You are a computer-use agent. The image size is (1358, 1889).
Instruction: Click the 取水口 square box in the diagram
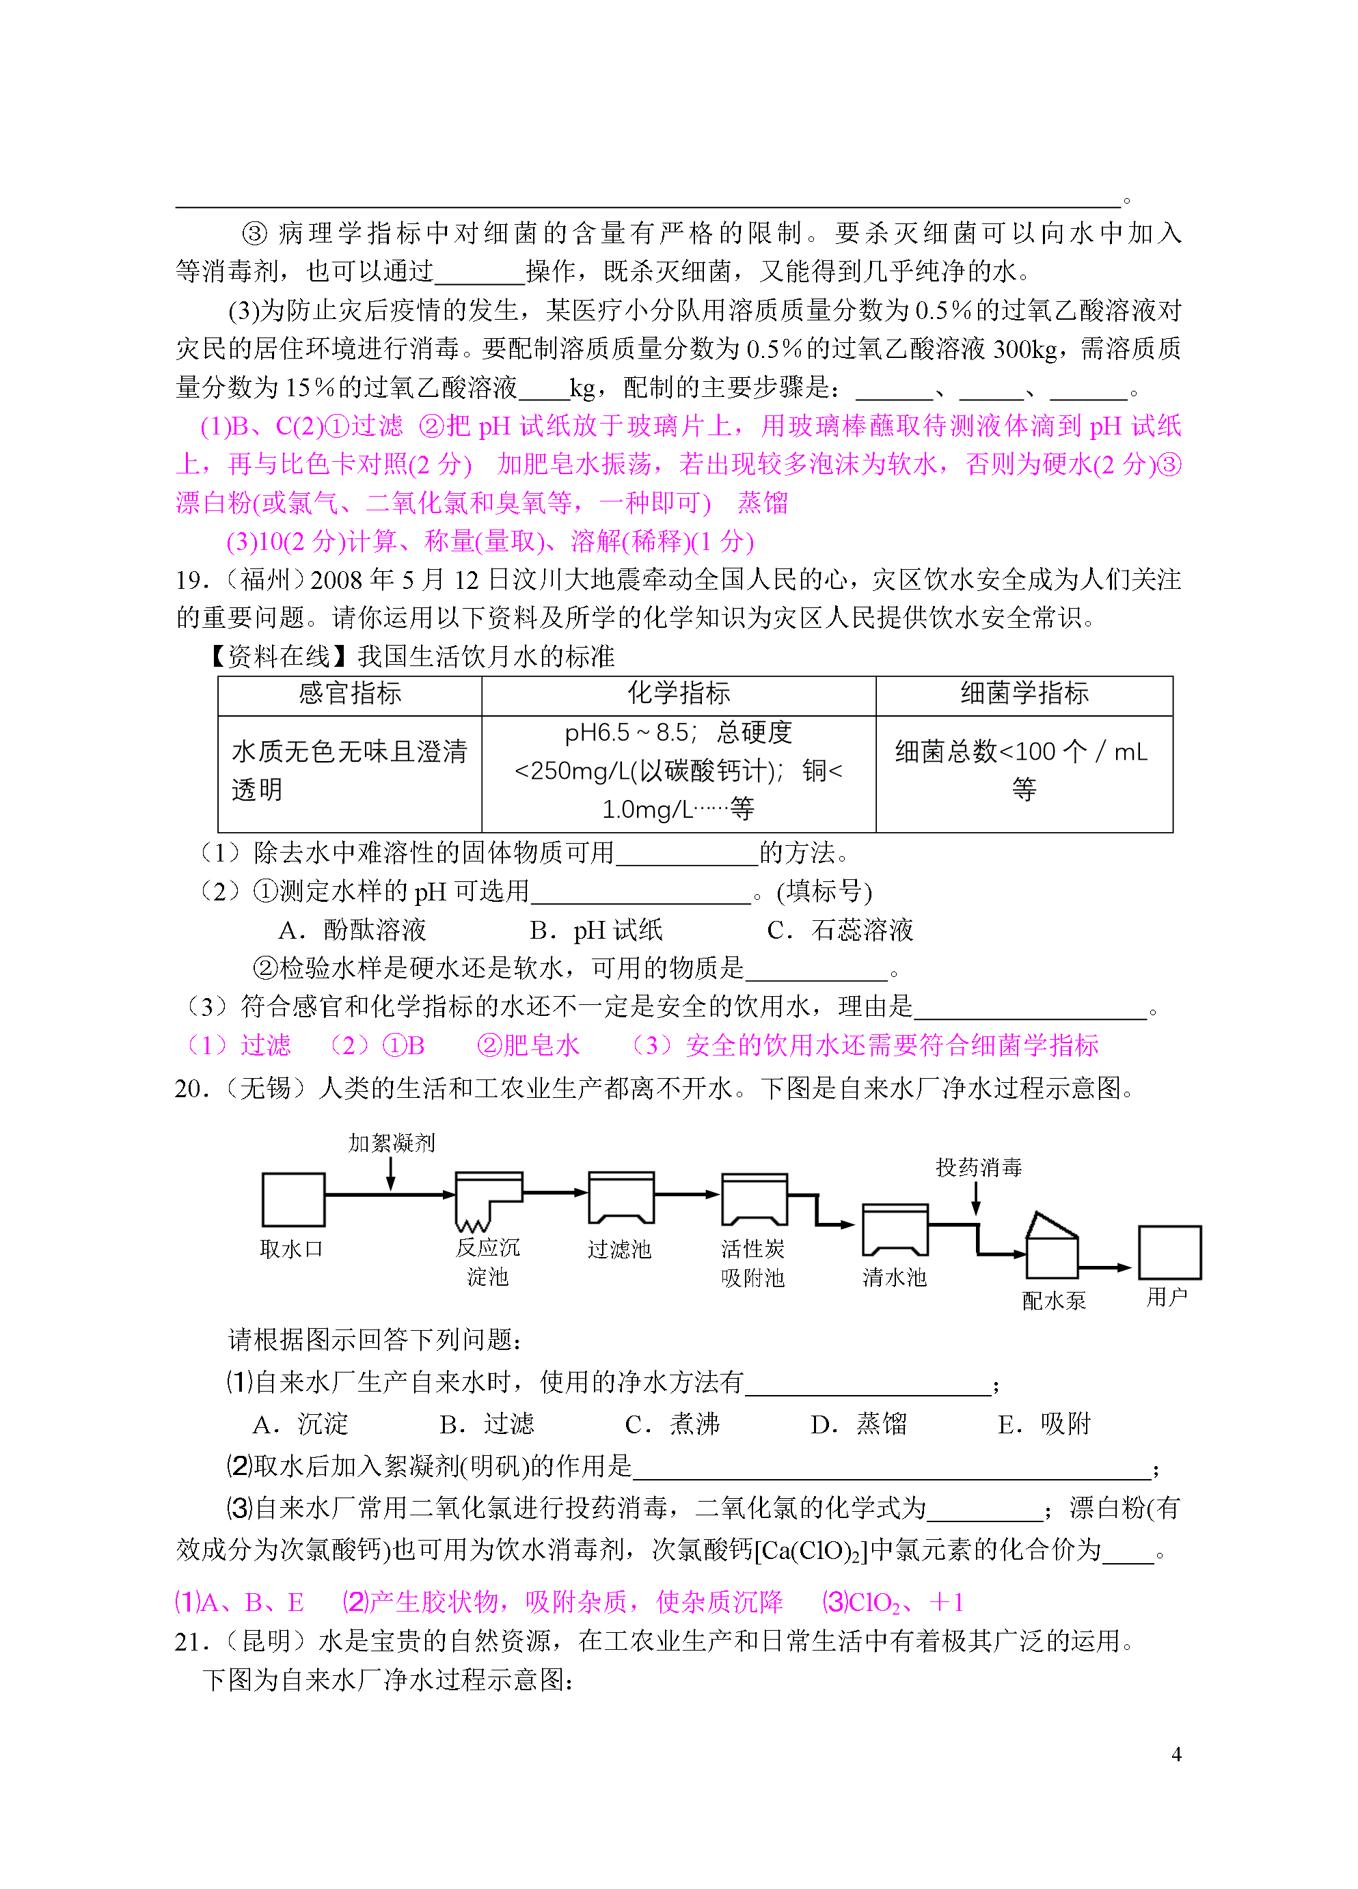(x=293, y=1200)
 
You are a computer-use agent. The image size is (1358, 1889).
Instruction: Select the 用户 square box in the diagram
(x=1170, y=1252)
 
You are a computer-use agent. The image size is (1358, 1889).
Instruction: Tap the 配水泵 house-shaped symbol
(x=1053, y=1247)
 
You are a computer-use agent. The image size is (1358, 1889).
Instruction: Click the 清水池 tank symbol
(x=895, y=1230)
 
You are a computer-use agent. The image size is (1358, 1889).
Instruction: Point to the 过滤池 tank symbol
(x=621, y=1198)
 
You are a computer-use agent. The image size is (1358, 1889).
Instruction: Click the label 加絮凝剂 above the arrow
(x=392, y=1143)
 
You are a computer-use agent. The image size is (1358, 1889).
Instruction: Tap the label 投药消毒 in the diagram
(x=979, y=1168)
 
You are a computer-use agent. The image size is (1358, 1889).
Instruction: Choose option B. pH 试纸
(x=597, y=930)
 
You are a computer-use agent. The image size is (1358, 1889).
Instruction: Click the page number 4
(x=1176, y=1754)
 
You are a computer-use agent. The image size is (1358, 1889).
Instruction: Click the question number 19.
(x=191, y=581)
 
